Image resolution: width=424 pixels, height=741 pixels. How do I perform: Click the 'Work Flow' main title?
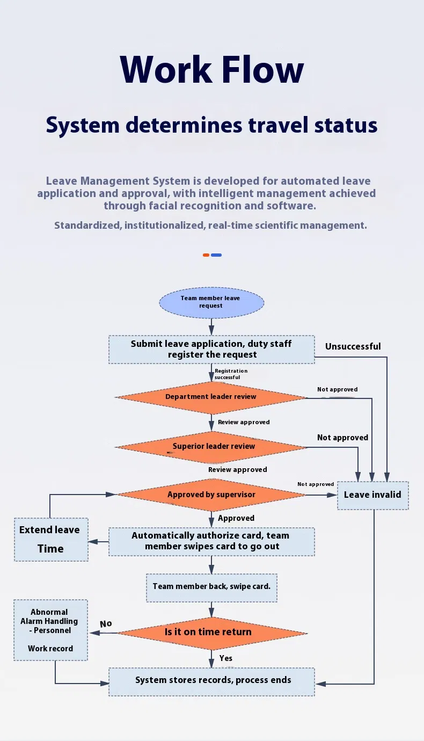(x=212, y=70)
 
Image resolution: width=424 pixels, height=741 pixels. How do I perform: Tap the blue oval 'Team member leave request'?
(x=211, y=302)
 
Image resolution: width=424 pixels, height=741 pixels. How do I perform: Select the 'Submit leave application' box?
(x=211, y=350)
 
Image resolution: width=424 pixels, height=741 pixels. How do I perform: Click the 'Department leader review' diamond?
(x=211, y=397)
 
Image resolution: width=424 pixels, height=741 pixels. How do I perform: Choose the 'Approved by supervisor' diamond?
(x=211, y=495)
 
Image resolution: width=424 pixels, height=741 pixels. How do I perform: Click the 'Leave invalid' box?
(x=372, y=495)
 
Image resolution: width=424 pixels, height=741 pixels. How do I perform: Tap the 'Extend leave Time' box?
(x=51, y=540)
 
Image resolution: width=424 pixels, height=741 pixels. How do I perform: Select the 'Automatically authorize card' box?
(x=211, y=541)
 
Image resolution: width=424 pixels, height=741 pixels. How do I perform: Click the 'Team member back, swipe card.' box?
(x=211, y=586)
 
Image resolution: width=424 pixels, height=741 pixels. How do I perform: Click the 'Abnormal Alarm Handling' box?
(x=50, y=630)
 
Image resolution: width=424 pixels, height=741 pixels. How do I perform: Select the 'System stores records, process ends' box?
(x=211, y=681)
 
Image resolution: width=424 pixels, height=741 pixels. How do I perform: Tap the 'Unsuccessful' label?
(x=353, y=347)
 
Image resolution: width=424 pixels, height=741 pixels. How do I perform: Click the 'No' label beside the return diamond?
(x=106, y=624)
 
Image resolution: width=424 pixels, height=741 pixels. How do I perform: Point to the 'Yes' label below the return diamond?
(x=226, y=658)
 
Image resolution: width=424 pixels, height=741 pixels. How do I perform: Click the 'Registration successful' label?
(x=231, y=374)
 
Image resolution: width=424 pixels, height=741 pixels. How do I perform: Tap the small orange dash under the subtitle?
(x=206, y=255)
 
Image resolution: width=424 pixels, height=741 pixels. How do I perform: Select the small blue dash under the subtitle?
(x=216, y=255)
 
